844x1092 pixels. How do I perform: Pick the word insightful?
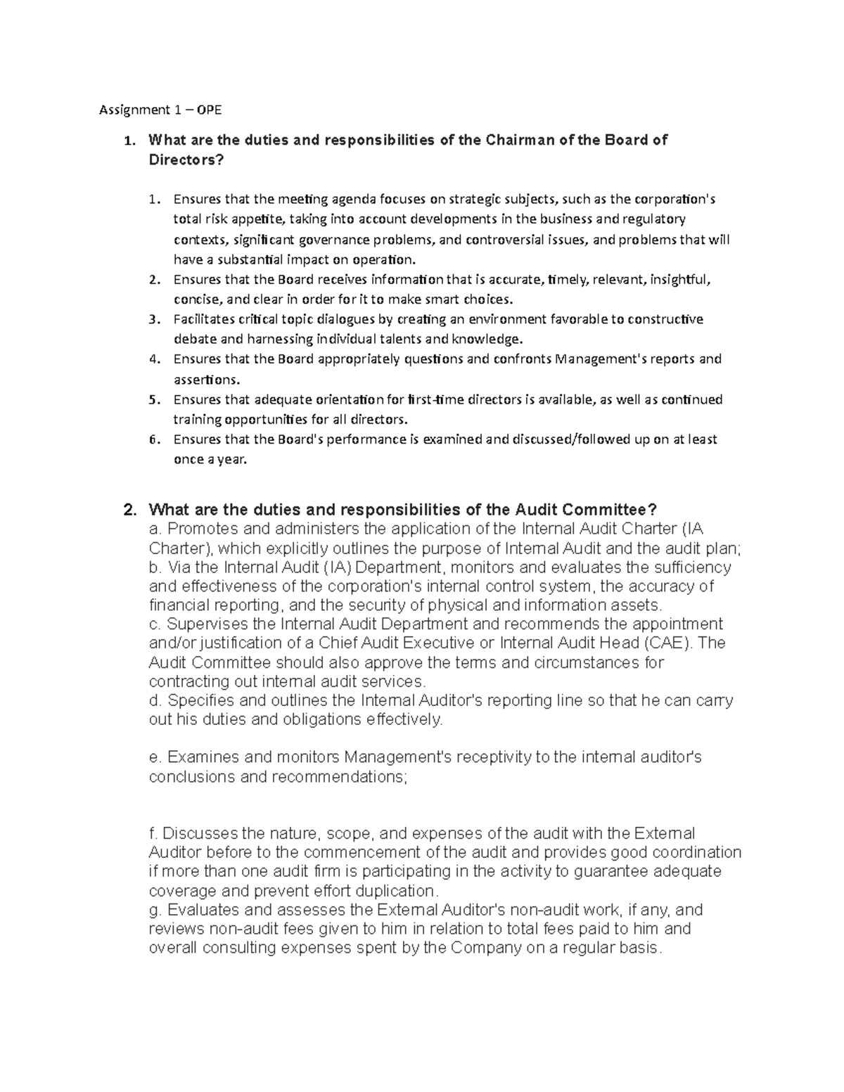click(x=679, y=279)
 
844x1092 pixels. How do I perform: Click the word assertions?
click(x=205, y=380)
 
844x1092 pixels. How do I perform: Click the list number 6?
click(x=153, y=440)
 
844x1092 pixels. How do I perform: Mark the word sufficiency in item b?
click(x=690, y=567)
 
